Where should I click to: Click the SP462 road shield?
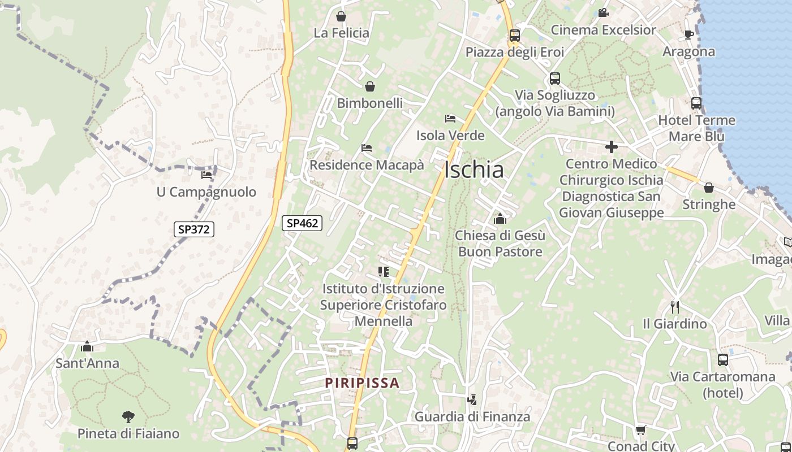pyautogui.click(x=302, y=223)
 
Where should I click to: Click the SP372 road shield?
pyautogui.click(x=193, y=229)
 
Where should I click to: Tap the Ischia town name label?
pyautogui.click(x=474, y=169)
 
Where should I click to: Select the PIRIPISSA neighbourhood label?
pyautogui.click(x=362, y=383)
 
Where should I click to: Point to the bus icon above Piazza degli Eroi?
pyautogui.click(x=514, y=36)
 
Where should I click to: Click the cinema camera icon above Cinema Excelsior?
pyautogui.click(x=603, y=12)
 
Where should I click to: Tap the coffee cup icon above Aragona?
pyautogui.click(x=689, y=34)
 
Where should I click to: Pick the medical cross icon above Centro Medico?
pyautogui.click(x=611, y=147)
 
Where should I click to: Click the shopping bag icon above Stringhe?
pyautogui.click(x=708, y=188)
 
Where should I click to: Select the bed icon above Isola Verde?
pyautogui.click(x=450, y=119)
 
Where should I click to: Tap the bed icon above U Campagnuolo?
pyautogui.click(x=206, y=175)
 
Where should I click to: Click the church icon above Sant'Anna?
pyautogui.click(x=87, y=346)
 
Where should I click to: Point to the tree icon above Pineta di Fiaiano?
pyautogui.click(x=128, y=417)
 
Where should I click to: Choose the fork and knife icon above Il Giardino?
pyautogui.click(x=674, y=307)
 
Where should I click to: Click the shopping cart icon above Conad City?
pyautogui.click(x=640, y=431)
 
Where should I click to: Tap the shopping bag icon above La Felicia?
pyautogui.click(x=341, y=16)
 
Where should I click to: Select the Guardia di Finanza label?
pyautogui.click(x=472, y=417)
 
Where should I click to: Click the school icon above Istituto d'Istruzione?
pyautogui.click(x=384, y=272)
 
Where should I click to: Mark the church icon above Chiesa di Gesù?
pyautogui.click(x=500, y=218)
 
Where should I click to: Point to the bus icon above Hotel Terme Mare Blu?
pyautogui.click(x=696, y=103)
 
